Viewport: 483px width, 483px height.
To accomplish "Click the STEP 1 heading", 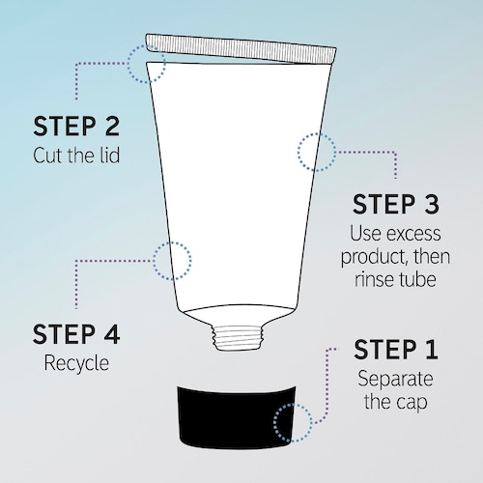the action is pos(396,350).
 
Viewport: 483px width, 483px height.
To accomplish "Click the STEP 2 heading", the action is pos(76,126).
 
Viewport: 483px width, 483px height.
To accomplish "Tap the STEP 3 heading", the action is pos(396,204).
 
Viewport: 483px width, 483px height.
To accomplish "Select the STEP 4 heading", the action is pos(76,334).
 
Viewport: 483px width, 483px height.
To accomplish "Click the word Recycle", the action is pos(76,363).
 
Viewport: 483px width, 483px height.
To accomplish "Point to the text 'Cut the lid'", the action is pos(76,156).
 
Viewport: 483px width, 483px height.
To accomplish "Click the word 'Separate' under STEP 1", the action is pos(395,379).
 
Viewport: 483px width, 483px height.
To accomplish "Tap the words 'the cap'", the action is pos(396,402).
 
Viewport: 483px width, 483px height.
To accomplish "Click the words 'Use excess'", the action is pos(395,233).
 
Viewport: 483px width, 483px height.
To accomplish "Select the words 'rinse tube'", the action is pos(395,279).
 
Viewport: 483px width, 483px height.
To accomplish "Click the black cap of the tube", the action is pos(238,417).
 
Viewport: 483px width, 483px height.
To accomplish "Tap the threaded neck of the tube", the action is pos(238,337).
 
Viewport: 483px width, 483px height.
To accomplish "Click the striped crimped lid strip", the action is pos(241,48).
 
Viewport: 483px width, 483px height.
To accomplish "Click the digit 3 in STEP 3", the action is pos(430,204).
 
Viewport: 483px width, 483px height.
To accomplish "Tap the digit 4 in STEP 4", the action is pos(111,334).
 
